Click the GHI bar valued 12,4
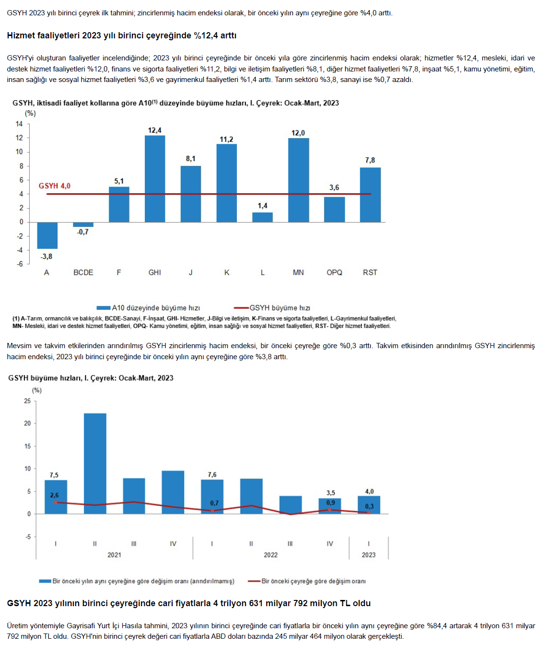155,178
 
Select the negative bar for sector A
47,235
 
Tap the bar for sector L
262,217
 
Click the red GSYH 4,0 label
54,186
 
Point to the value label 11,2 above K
226,140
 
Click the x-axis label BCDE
83,272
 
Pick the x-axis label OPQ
334,272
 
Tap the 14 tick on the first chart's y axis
19,124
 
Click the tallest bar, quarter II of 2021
95,463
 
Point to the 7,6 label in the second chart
212,475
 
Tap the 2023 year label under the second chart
368,555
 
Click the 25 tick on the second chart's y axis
27,401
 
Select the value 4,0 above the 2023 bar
369,492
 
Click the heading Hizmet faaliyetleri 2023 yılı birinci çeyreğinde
121,35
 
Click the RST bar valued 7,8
370,195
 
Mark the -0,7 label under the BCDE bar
82,232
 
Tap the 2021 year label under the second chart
114,555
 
